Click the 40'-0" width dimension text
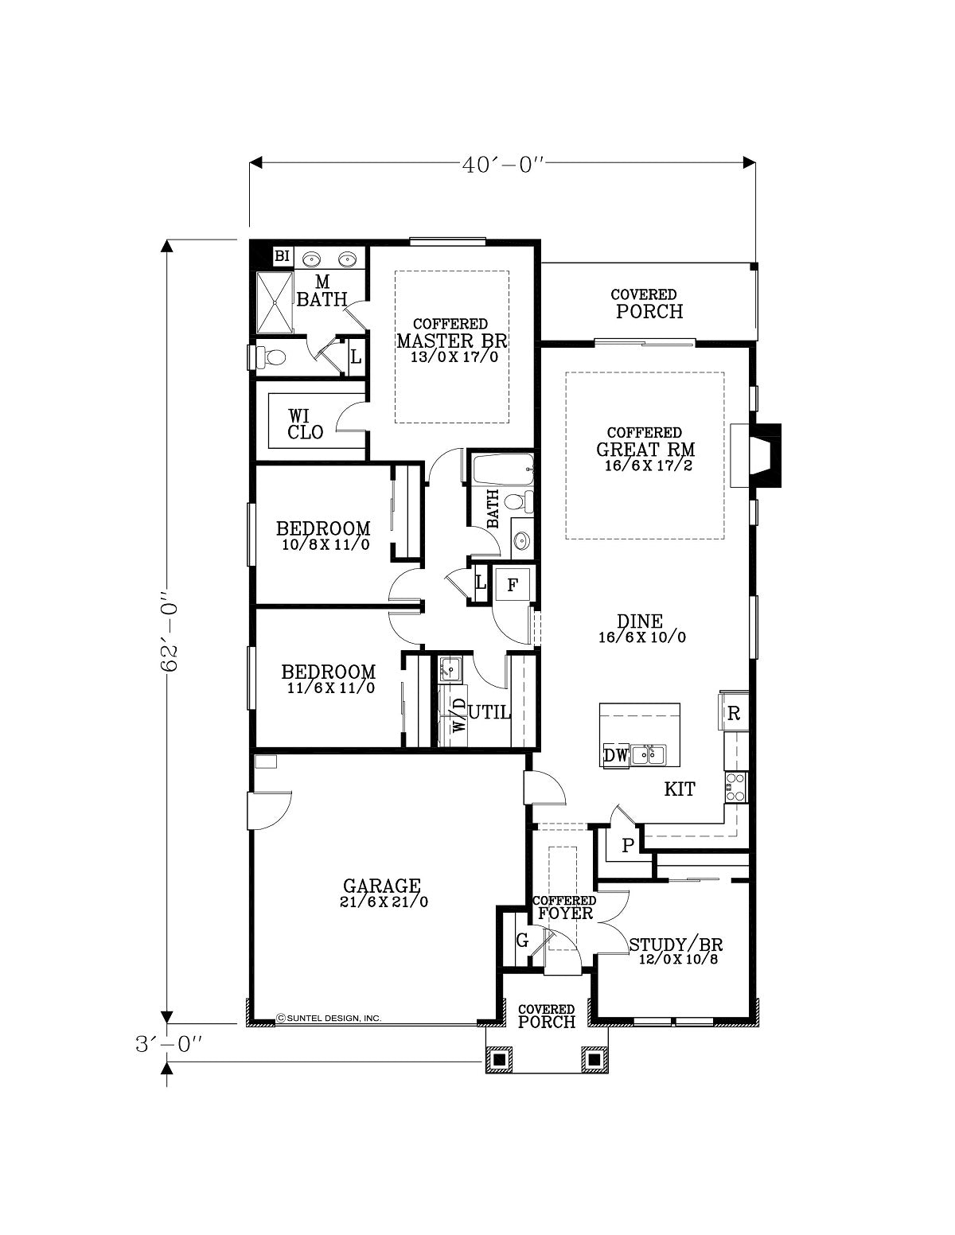pos(503,166)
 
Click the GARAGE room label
pos(382,886)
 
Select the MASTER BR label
pos(452,341)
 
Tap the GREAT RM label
pos(645,450)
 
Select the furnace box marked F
pos(513,585)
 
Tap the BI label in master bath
pos(282,256)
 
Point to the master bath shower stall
pos(275,303)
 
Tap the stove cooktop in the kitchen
pos(735,786)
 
